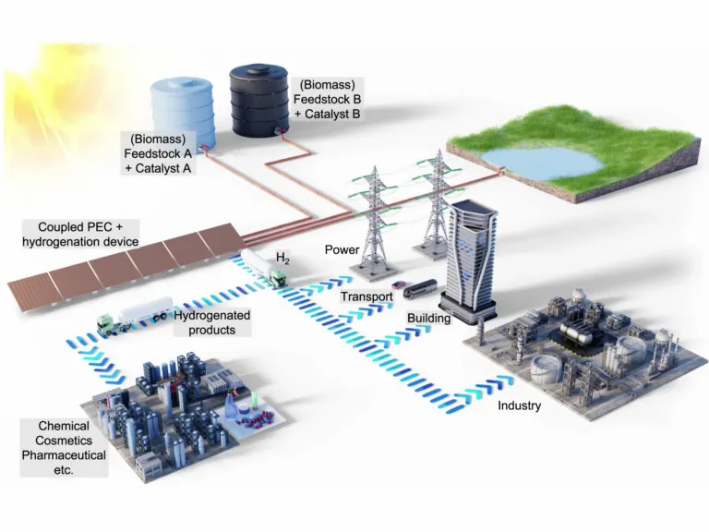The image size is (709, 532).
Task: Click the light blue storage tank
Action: [181, 109]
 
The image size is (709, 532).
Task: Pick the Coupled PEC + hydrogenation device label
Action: [81, 234]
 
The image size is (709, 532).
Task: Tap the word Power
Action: [341, 249]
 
